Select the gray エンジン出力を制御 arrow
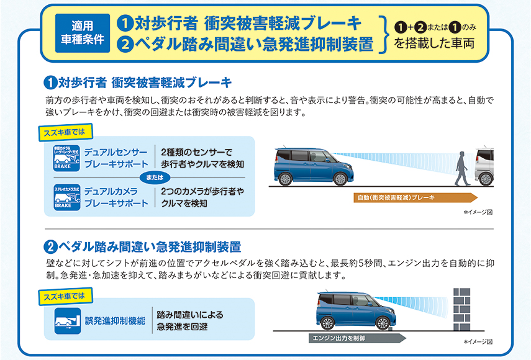click(357, 338)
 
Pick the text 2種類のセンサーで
click(196, 152)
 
